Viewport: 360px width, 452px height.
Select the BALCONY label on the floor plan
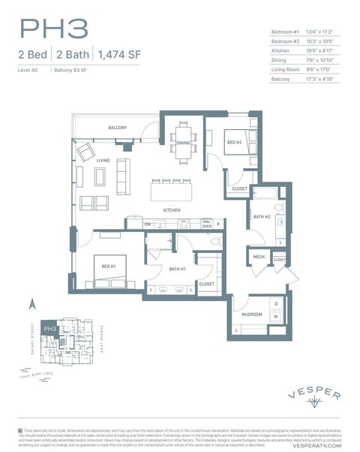pos(117,128)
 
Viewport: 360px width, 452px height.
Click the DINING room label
pos(184,143)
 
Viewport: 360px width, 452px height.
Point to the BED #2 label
pos(235,142)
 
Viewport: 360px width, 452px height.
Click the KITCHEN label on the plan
pos(172,209)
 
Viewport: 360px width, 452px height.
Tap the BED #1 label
pos(108,266)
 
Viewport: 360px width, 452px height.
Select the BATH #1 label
pos(177,268)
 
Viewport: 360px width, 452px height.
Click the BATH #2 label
pos(261,217)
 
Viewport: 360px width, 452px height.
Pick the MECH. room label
pos(259,256)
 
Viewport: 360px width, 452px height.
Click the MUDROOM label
pos(251,315)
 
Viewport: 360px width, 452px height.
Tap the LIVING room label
pos(103,160)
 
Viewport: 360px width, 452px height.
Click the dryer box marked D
pos(276,303)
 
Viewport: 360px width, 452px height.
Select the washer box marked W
pos(276,316)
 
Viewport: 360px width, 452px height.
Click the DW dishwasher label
pos(148,224)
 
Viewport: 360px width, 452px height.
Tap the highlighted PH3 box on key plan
pos(49,328)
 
